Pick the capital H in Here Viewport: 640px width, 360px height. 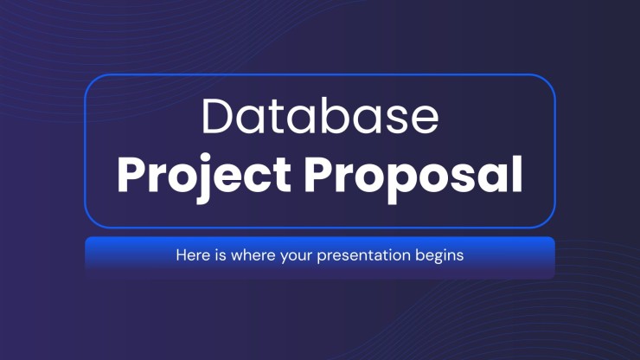click(181, 255)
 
